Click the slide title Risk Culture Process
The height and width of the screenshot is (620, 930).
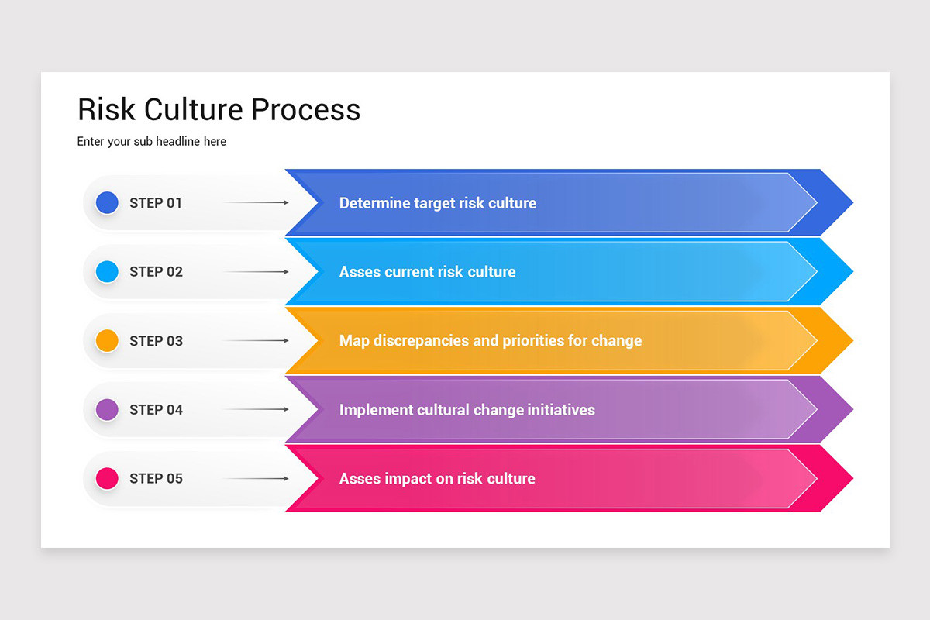coord(219,110)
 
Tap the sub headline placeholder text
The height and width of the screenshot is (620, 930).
coord(152,142)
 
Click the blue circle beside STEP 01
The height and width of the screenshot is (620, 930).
coord(107,203)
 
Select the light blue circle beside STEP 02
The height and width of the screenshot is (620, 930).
coord(107,271)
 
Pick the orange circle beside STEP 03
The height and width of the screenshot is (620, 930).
coord(107,340)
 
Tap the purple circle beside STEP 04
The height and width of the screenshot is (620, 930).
coord(107,409)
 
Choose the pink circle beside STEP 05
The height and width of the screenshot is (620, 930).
coord(107,478)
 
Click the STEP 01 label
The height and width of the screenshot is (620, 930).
coord(156,203)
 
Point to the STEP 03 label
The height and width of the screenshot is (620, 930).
coord(156,341)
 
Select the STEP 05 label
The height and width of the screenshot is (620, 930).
coord(156,478)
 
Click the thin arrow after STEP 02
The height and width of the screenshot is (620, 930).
coord(256,271)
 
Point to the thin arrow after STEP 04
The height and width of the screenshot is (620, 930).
coord(256,409)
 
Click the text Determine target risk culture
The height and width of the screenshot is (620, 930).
coord(438,203)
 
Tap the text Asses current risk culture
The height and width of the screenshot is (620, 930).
coord(427,272)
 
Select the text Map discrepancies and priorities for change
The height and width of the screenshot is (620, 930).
coord(491,340)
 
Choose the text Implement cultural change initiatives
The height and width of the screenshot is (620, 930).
coord(467,409)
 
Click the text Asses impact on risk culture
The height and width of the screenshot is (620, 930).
coord(437,478)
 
